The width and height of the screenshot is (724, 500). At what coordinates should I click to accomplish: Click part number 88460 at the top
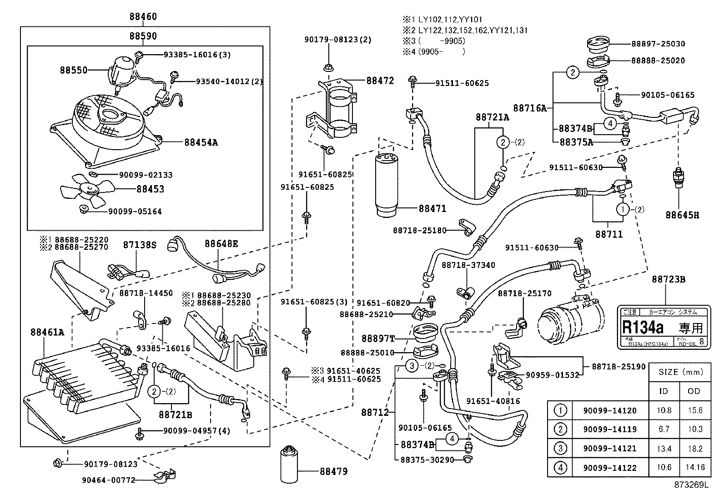[x=143, y=17]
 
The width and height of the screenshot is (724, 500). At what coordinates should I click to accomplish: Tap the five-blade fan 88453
[x=89, y=189]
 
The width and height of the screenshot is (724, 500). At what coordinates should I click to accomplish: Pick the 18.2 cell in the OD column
[x=695, y=448]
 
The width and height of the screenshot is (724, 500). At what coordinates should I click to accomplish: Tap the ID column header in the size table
[x=664, y=391]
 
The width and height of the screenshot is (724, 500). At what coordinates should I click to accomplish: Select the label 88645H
[x=682, y=215]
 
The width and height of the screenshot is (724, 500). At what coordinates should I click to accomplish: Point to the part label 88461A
[x=47, y=332]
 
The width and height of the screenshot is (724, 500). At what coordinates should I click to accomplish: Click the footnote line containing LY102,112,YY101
[x=442, y=20]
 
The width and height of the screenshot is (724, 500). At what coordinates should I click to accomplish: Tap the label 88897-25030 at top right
[x=658, y=44]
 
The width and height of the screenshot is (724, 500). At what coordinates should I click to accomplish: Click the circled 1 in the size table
[x=560, y=410]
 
